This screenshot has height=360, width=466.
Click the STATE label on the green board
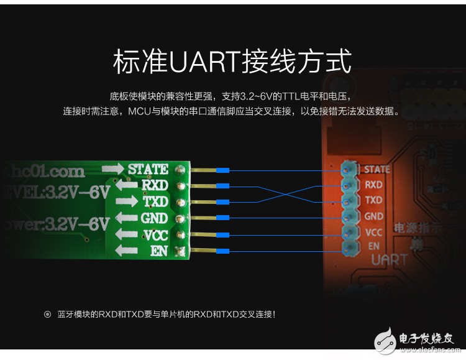point(148,169)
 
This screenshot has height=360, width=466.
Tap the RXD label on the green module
point(155,185)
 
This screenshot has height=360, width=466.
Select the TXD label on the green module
point(155,202)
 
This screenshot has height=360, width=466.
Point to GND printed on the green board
point(154,218)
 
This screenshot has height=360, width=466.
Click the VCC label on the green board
point(155,235)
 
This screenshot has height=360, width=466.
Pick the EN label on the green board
point(160,251)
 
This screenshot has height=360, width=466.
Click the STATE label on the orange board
point(377,169)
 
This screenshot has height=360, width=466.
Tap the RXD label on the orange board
point(373,185)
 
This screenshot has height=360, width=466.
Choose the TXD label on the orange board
point(373,200)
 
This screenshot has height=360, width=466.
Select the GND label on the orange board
point(373,216)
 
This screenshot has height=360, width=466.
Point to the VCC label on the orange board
point(373,232)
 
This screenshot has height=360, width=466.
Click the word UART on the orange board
point(389,260)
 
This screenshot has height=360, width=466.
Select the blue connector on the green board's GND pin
point(222,218)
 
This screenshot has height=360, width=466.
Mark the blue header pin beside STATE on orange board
point(348,169)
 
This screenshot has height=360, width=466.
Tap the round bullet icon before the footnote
point(47,315)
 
